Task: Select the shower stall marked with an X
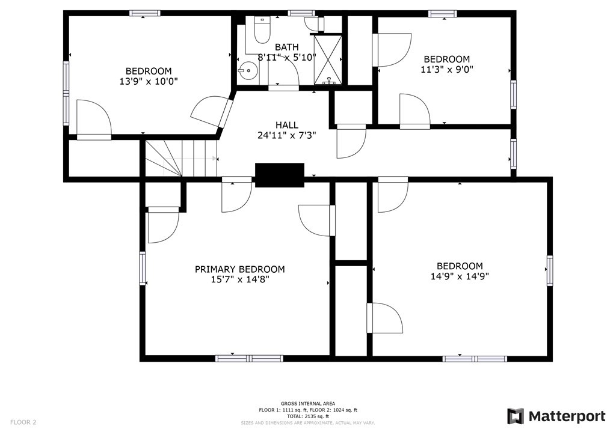(x=328, y=59)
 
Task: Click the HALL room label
(x=287, y=125)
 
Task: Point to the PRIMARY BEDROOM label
(x=239, y=269)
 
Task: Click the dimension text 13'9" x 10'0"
(x=149, y=81)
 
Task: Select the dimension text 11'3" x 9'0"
(x=446, y=69)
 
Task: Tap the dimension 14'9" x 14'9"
(x=460, y=276)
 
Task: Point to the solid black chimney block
(x=279, y=175)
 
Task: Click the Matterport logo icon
(x=516, y=416)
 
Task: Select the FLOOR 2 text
(x=23, y=422)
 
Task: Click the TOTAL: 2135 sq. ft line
(x=308, y=416)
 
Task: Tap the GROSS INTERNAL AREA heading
(x=308, y=404)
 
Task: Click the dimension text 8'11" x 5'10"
(x=286, y=57)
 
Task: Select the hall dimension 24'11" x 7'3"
(x=287, y=135)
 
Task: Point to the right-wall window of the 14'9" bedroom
(x=549, y=270)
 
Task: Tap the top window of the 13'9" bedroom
(x=144, y=13)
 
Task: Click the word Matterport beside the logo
(x=567, y=416)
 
